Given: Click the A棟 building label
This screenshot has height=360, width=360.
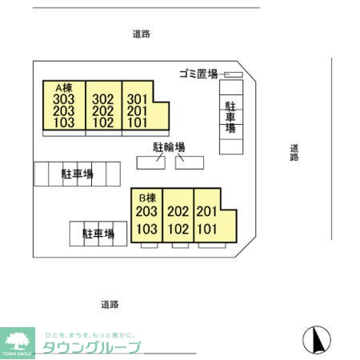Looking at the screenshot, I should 63,88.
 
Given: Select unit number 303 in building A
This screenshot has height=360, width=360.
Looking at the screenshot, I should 63,99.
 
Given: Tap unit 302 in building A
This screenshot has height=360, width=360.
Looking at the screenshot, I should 102,101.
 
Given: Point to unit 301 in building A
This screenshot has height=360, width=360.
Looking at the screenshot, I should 138,101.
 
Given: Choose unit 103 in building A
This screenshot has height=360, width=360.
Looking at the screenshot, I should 63,123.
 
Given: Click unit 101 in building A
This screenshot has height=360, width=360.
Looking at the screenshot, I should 138,123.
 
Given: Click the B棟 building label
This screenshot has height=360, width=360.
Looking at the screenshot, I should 146,198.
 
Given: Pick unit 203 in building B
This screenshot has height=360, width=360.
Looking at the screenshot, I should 146,211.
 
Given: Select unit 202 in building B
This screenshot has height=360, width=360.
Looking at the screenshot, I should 178,212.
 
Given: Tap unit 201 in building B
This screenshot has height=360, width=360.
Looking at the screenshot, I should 206,212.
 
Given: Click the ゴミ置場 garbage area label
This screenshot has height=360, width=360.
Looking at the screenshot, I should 198,74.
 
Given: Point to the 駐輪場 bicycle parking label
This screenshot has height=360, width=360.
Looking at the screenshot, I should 169,147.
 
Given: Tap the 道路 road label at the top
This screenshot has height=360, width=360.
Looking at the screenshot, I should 142,34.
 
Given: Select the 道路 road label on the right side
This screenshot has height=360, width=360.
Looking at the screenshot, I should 294,152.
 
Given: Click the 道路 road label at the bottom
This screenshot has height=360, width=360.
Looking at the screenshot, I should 110,304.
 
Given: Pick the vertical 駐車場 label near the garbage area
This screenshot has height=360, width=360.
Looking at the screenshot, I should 230,116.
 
